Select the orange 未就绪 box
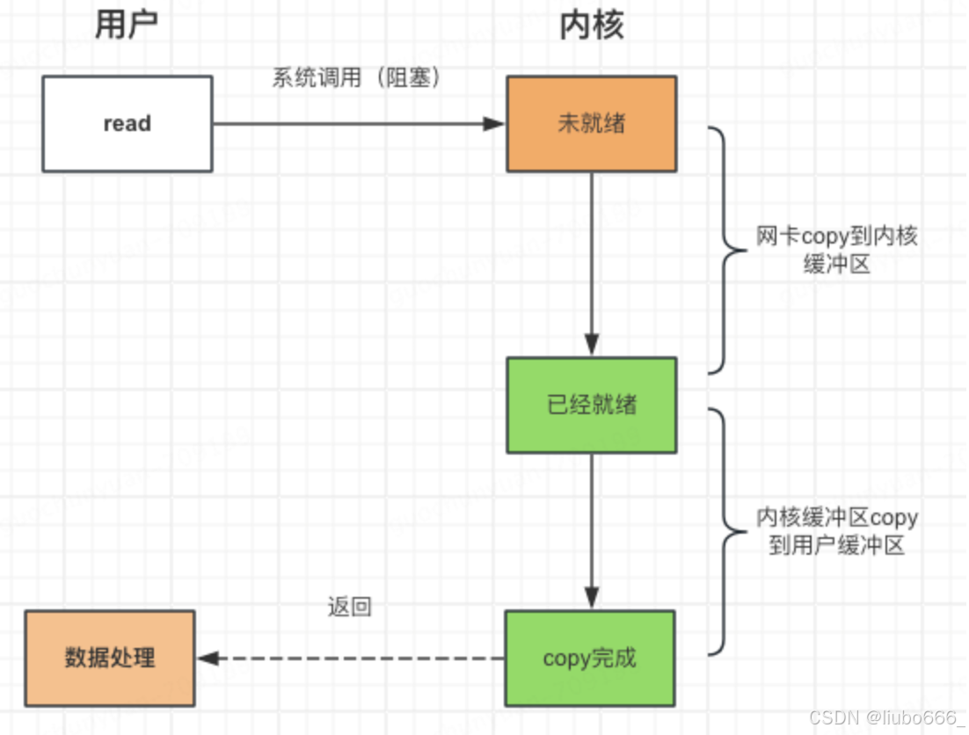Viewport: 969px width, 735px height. tap(591, 123)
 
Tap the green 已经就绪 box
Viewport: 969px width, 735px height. tap(591, 405)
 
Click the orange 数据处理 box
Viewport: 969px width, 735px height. tap(110, 658)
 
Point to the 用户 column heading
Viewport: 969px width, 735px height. tap(127, 25)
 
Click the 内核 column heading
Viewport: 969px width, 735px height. tap(591, 25)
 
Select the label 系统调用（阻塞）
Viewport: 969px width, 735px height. tap(355, 77)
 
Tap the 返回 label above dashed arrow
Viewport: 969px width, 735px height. tap(349, 606)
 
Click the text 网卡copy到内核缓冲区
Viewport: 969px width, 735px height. tap(836, 250)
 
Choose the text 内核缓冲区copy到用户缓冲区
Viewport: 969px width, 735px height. tap(836, 531)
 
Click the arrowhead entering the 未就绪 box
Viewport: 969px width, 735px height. tap(496, 124)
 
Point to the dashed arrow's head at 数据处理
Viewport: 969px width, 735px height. tap(208, 658)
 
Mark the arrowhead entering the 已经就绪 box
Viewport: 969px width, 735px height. tap(591, 346)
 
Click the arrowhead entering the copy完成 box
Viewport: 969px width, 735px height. tap(591, 599)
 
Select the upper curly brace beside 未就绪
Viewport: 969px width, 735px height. tap(723, 250)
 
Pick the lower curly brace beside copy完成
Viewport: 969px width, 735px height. tap(723, 531)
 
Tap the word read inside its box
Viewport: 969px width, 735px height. tap(127, 124)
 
